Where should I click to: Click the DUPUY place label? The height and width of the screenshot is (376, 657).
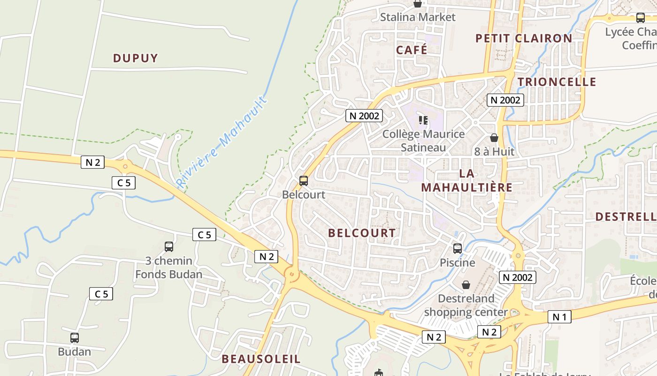(x=135, y=58)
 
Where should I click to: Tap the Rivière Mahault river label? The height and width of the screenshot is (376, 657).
(x=222, y=142)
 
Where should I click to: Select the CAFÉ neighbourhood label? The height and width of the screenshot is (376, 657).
(x=412, y=50)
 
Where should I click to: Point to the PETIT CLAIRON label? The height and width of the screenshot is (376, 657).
(x=524, y=39)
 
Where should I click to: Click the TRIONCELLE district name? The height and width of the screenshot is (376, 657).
(x=557, y=82)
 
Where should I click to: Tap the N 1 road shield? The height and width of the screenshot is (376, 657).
(x=559, y=317)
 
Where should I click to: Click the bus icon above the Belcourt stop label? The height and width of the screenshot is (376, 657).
(x=304, y=180)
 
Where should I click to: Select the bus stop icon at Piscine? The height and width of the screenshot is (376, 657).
(x=458, y=249)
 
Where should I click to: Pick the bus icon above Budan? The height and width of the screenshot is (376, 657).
(x=75, y=338)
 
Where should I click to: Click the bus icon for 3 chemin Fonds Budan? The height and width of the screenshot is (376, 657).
(x=169, y=247)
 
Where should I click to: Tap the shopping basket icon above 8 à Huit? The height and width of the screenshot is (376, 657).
(x=494, y=138)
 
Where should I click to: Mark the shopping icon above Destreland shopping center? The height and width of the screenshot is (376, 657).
(x=466, y=285)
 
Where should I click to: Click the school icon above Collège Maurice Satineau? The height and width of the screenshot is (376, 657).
(x=423, y=121)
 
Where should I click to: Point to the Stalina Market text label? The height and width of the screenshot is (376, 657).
(x=418, y=17)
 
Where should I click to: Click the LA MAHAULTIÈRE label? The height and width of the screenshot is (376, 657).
(x=466, y=180)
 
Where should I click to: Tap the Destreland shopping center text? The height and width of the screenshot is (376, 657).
(x=466, y=305)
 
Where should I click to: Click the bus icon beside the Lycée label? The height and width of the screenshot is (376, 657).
(x=640, y=18)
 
